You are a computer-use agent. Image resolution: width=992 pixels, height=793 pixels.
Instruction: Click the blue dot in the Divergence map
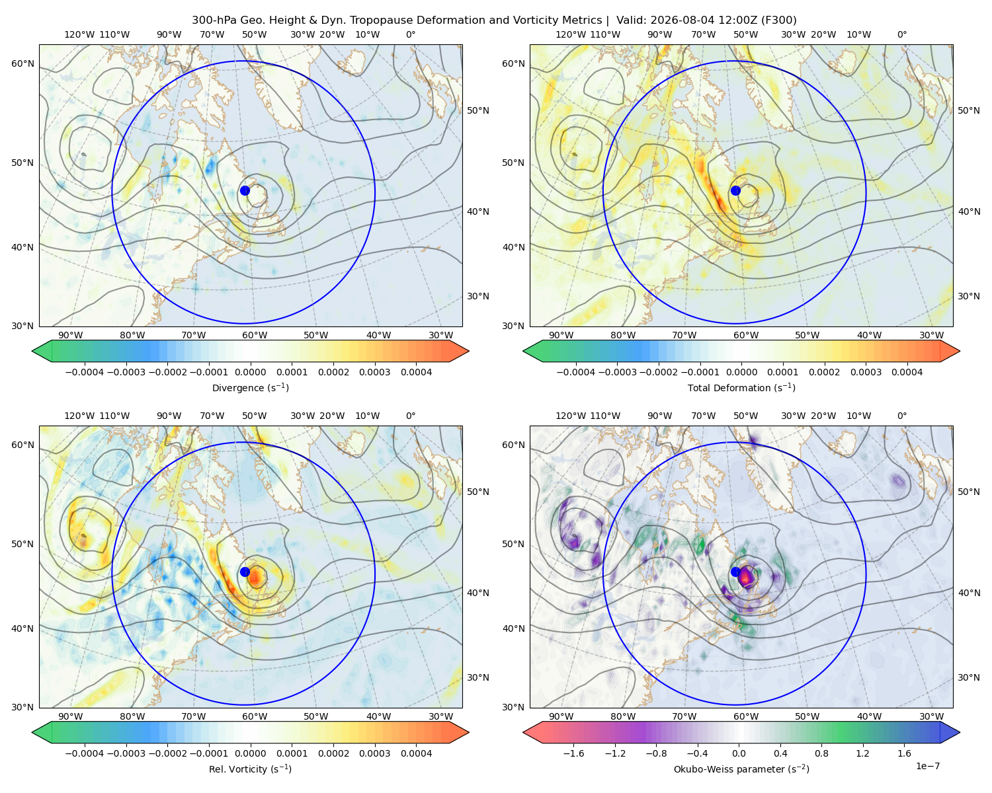[x=245, y=190]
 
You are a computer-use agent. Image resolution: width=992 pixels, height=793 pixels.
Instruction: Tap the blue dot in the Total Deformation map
[x=735, y=190]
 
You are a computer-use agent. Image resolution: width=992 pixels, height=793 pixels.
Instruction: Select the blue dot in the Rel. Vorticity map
[x=245, y=572]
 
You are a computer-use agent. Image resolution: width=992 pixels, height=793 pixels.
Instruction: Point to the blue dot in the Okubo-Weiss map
[x=735, y=572]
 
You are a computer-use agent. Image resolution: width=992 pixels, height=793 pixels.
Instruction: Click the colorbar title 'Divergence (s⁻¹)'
[x=250, y=387]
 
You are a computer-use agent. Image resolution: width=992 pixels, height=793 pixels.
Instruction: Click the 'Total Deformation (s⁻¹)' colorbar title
[x=741, y=387]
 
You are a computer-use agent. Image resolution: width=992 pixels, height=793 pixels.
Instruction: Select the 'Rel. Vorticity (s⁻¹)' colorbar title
[x=250, y=769]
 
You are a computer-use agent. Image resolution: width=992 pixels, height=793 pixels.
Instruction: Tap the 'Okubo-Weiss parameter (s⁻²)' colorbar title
[x=741, y=769]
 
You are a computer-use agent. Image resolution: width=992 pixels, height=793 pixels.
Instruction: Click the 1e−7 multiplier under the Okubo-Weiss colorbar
[x=927, y=766]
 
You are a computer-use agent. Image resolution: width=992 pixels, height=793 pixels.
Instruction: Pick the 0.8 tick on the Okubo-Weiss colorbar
[x=821, y=753]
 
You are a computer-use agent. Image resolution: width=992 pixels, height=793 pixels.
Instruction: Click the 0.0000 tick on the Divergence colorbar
[x=250, y=372]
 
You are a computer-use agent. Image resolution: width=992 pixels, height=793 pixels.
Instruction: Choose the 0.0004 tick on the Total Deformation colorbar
[x=907, y=372]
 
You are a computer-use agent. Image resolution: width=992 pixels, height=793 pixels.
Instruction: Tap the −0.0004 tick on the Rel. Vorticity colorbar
[x=85, y=753]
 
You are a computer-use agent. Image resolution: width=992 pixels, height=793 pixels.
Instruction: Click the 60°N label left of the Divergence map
[x=22, y=63]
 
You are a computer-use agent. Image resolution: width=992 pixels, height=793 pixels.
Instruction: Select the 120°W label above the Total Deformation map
[x=571, y=34]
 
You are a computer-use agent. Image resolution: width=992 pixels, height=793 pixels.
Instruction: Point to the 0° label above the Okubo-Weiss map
[x=902, y=416]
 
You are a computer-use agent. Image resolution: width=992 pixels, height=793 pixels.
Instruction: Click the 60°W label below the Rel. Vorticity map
[x=255, y=716]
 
